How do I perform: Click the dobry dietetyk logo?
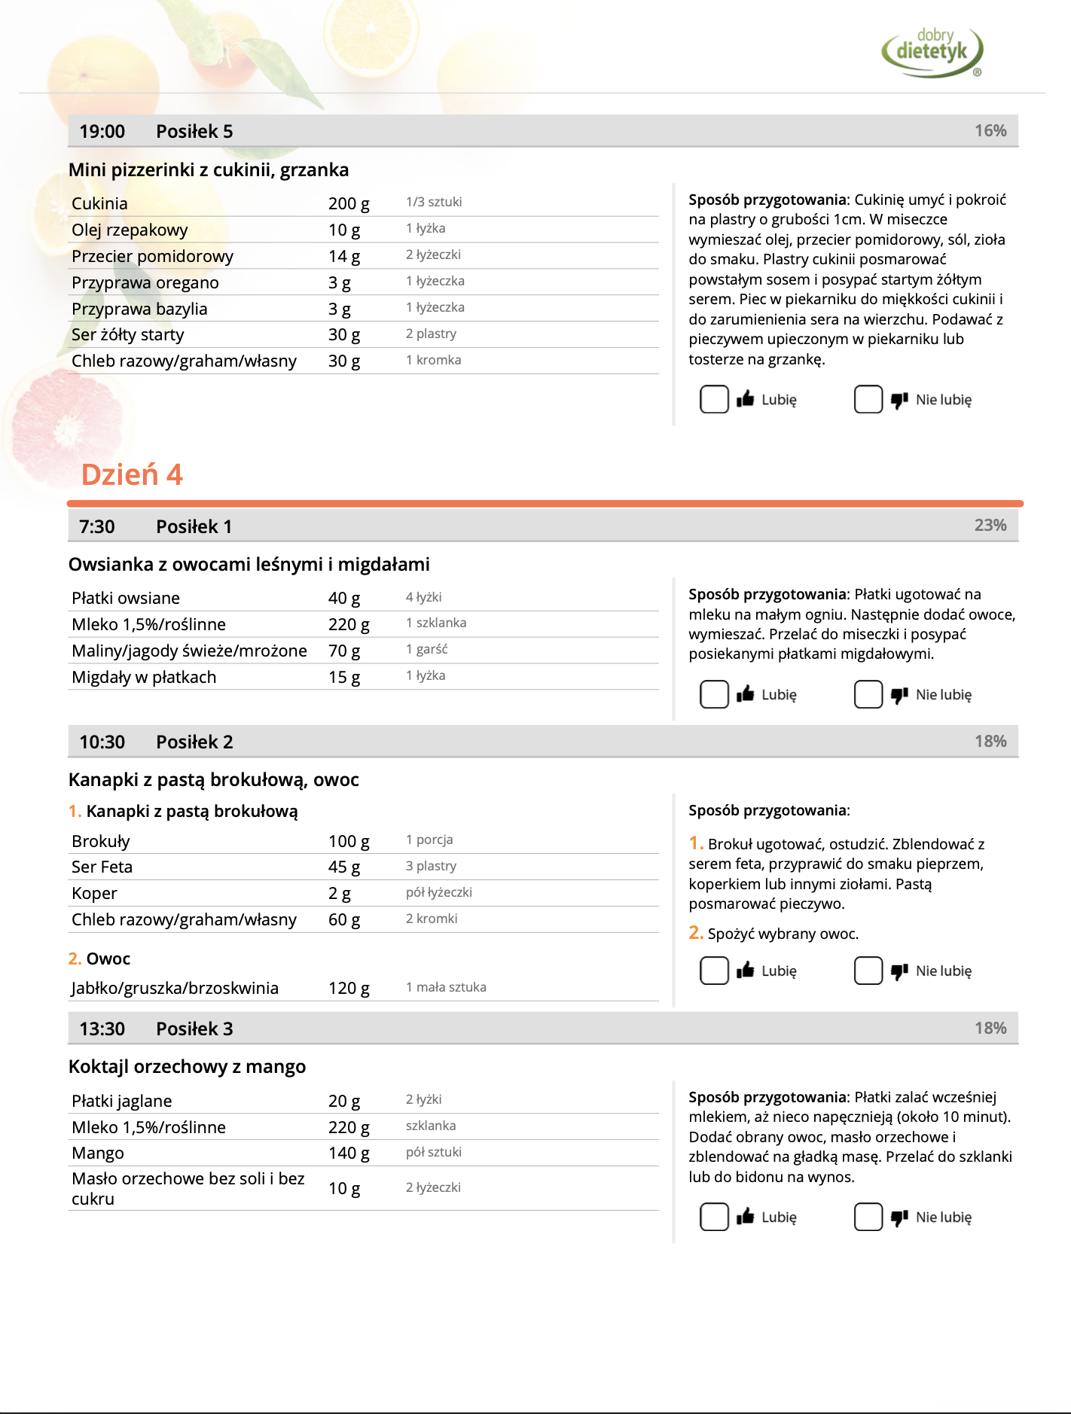(932, 51)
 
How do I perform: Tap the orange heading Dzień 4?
(132, 475)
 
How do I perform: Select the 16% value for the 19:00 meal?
(990, 131)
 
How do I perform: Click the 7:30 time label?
(97, 527)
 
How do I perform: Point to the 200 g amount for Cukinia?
(349, 204)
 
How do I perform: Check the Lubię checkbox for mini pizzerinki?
(714, 400)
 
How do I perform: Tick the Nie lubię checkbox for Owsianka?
(868, 695)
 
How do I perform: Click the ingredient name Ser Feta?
(102, 867)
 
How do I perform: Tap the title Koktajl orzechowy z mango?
(187, 1067)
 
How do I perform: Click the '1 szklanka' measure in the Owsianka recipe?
(436, 623)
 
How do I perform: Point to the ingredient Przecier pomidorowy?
(152, 257)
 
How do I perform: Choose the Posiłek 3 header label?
(194, 1029)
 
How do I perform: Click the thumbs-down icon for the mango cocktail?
(899, 1217)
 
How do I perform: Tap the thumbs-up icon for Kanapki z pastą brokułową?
(746, 971)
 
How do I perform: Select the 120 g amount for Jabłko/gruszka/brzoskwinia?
(349, 989)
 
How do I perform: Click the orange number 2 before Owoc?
(74, 959)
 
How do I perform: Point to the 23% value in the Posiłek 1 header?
(990, 526)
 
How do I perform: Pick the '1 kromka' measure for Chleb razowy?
(433, 361)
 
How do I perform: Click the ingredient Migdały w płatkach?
(144, 678)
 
